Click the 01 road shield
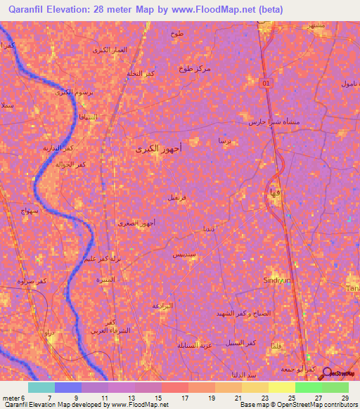coord(266,84)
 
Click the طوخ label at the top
coord(176,33)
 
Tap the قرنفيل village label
coord(177,198)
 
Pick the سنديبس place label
coord(184,253)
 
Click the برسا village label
coord(224,141)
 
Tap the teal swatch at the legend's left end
coord(41,387)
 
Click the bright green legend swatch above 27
coord(308,387)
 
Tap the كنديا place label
coord(210,229)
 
